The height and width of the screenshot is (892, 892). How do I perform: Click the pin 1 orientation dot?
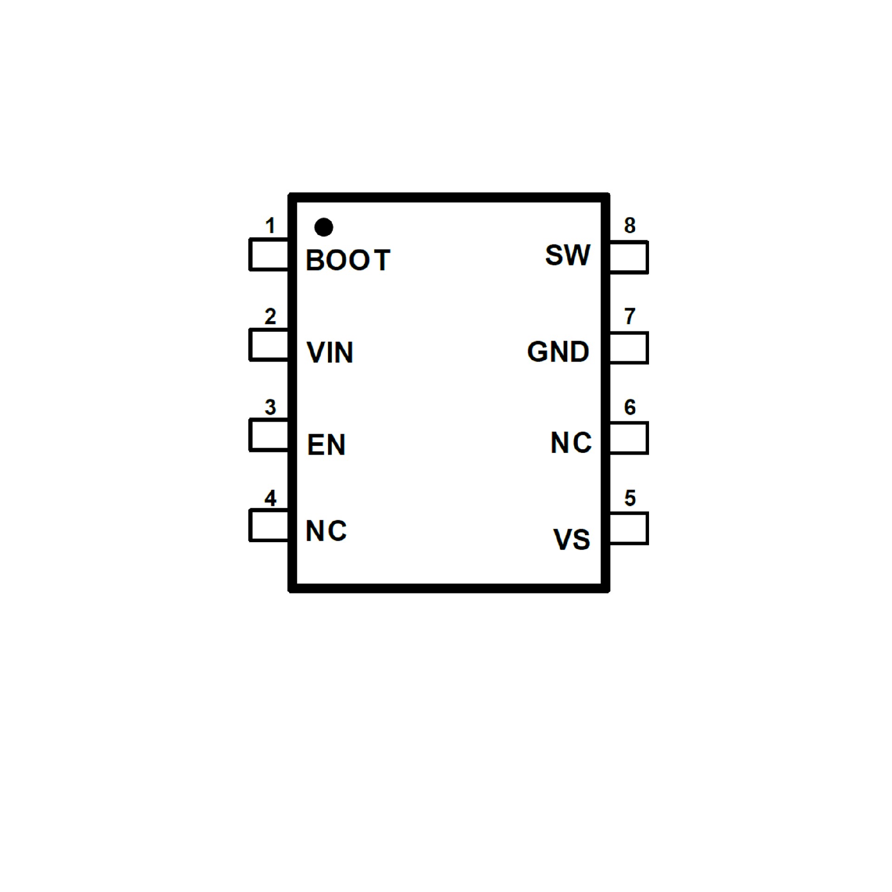click(323, 227)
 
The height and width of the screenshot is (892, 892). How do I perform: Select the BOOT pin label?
click(348, 260)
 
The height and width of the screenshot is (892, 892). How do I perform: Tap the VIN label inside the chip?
click(330, 352)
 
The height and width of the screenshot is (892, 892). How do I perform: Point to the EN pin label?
click(326, 445)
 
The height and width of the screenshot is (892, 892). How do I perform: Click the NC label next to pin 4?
click(326, 531)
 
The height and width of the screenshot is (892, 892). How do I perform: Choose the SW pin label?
click(567, 255)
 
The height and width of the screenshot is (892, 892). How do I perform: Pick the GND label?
click(558, 352)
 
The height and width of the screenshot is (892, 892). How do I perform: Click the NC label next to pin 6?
click(571, 442)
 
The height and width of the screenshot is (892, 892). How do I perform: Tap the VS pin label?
click(571, 539)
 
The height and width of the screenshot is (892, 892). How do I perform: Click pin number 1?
click(270, 226)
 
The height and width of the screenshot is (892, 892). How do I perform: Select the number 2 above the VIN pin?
click(270, 316)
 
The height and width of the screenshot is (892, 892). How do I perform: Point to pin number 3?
click(270, 407)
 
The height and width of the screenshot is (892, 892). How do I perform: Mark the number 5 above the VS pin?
click(630, 498)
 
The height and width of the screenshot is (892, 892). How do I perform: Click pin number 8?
click(630, 225)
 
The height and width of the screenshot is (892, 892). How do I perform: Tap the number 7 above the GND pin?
click(630, 316)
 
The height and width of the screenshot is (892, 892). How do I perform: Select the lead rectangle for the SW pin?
click(628, 257)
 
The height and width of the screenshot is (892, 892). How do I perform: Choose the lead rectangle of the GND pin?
click(628, 348)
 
